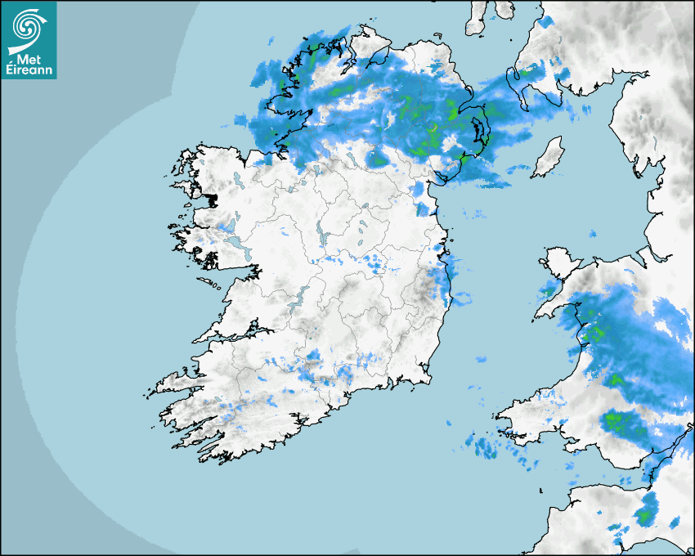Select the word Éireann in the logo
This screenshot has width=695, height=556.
click(29, 69)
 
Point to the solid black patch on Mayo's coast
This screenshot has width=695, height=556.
click(213, 199)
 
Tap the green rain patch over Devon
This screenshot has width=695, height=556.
click(646, 515)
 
